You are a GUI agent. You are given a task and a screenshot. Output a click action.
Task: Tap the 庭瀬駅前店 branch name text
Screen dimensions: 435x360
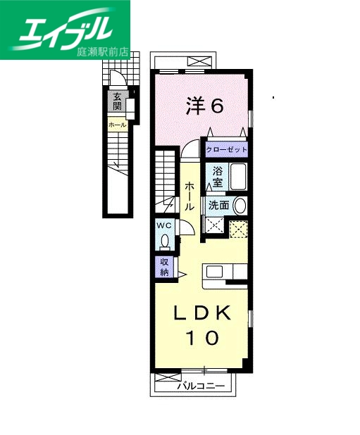[x=103, y=51]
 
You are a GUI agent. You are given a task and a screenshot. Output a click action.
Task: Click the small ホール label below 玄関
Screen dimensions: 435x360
[x=117, y=125]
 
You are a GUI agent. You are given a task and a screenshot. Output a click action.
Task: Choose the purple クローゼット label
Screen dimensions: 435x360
[x=226, y=150]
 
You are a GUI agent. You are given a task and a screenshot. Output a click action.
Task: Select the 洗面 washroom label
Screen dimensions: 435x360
[x=218, y=205]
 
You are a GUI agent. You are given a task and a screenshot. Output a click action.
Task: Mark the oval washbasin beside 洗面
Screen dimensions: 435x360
[x=240, y=206]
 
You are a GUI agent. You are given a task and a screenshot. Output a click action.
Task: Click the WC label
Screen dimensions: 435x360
[x=164, y=225]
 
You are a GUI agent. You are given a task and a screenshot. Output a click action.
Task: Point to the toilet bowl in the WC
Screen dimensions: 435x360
[x=164, y=241]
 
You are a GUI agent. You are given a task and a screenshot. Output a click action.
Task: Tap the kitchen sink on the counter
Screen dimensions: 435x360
[x=214, y=272]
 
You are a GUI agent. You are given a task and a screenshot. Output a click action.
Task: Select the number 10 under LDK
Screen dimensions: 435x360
[x=203, y=337]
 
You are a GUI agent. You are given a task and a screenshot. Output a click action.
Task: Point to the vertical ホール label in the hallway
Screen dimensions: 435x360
[x=190, y=197]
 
